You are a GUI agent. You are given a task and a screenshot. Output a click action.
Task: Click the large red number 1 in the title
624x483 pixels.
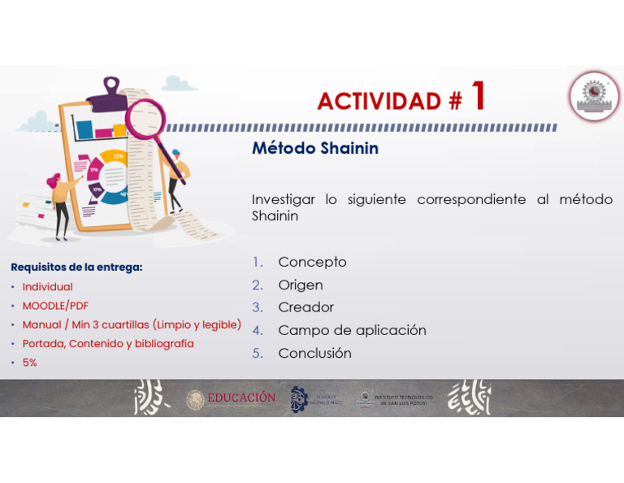point(479,96)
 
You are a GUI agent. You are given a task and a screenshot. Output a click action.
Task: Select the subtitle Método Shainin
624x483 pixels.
point(315,149)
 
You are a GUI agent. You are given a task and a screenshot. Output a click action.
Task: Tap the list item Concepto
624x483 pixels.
point(312,262)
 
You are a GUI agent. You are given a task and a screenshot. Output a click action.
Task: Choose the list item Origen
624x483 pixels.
point(301,285)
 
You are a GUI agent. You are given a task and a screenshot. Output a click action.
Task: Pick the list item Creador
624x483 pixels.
point(305,307)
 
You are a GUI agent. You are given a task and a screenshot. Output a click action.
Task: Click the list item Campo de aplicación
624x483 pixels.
point(352,330)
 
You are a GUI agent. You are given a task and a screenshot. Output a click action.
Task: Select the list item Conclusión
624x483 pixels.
point(314,353)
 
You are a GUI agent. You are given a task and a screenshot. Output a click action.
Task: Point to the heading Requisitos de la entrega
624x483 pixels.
point(76,268)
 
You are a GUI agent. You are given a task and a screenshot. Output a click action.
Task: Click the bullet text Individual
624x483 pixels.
point(47,287)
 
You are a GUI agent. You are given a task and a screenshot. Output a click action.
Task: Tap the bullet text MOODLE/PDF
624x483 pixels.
point(55,306)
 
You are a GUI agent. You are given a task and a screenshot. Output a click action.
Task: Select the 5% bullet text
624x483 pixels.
point(29,363)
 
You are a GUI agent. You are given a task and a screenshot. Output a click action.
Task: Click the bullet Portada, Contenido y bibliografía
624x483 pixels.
point(107,344)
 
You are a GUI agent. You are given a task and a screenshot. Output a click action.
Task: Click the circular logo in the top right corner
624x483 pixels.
point(594,96)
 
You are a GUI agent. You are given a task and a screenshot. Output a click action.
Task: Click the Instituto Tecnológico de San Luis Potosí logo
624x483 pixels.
point(396,399)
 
